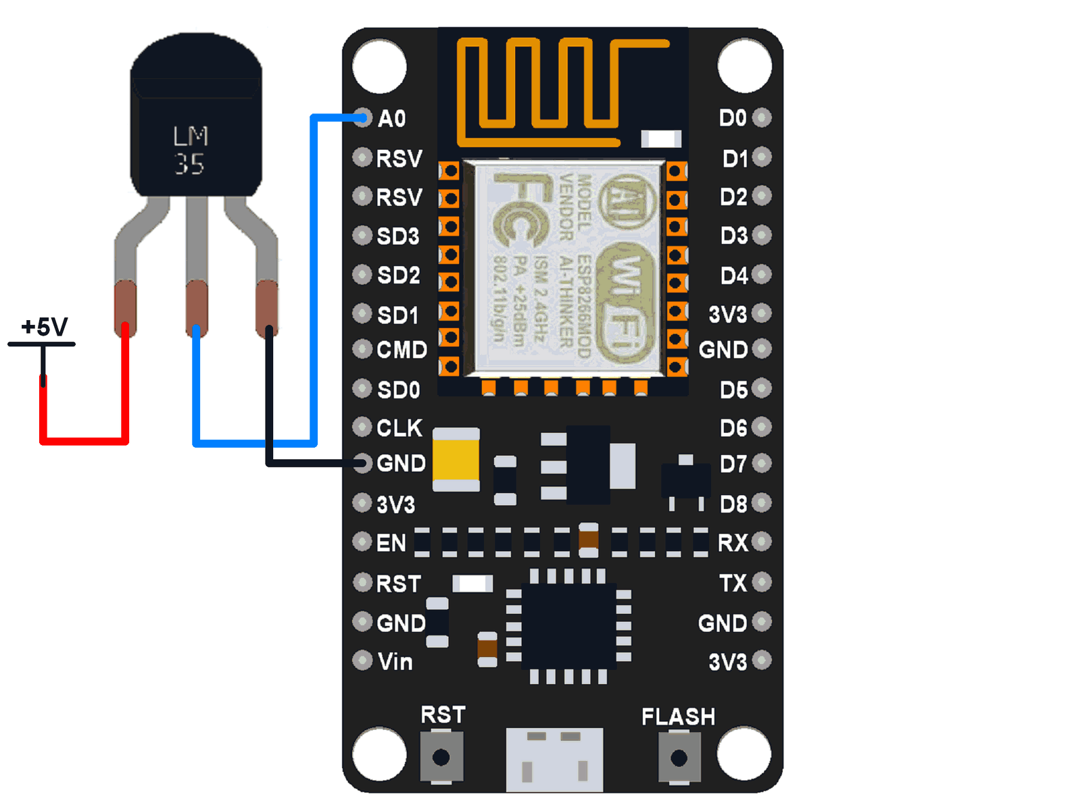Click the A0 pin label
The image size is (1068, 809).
391,119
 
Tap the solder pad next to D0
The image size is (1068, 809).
762,118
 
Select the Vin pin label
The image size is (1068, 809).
395,662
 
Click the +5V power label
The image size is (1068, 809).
45,327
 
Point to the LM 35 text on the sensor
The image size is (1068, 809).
190,151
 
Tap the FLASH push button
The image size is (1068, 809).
679,758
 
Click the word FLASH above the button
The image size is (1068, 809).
678,716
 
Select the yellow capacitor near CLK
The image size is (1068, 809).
456,459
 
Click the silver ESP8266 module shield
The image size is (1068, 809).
568,267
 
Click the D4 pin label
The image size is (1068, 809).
733,276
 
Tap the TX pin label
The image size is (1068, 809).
733,583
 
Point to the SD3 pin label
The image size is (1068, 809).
397,236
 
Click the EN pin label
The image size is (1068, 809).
391,543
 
